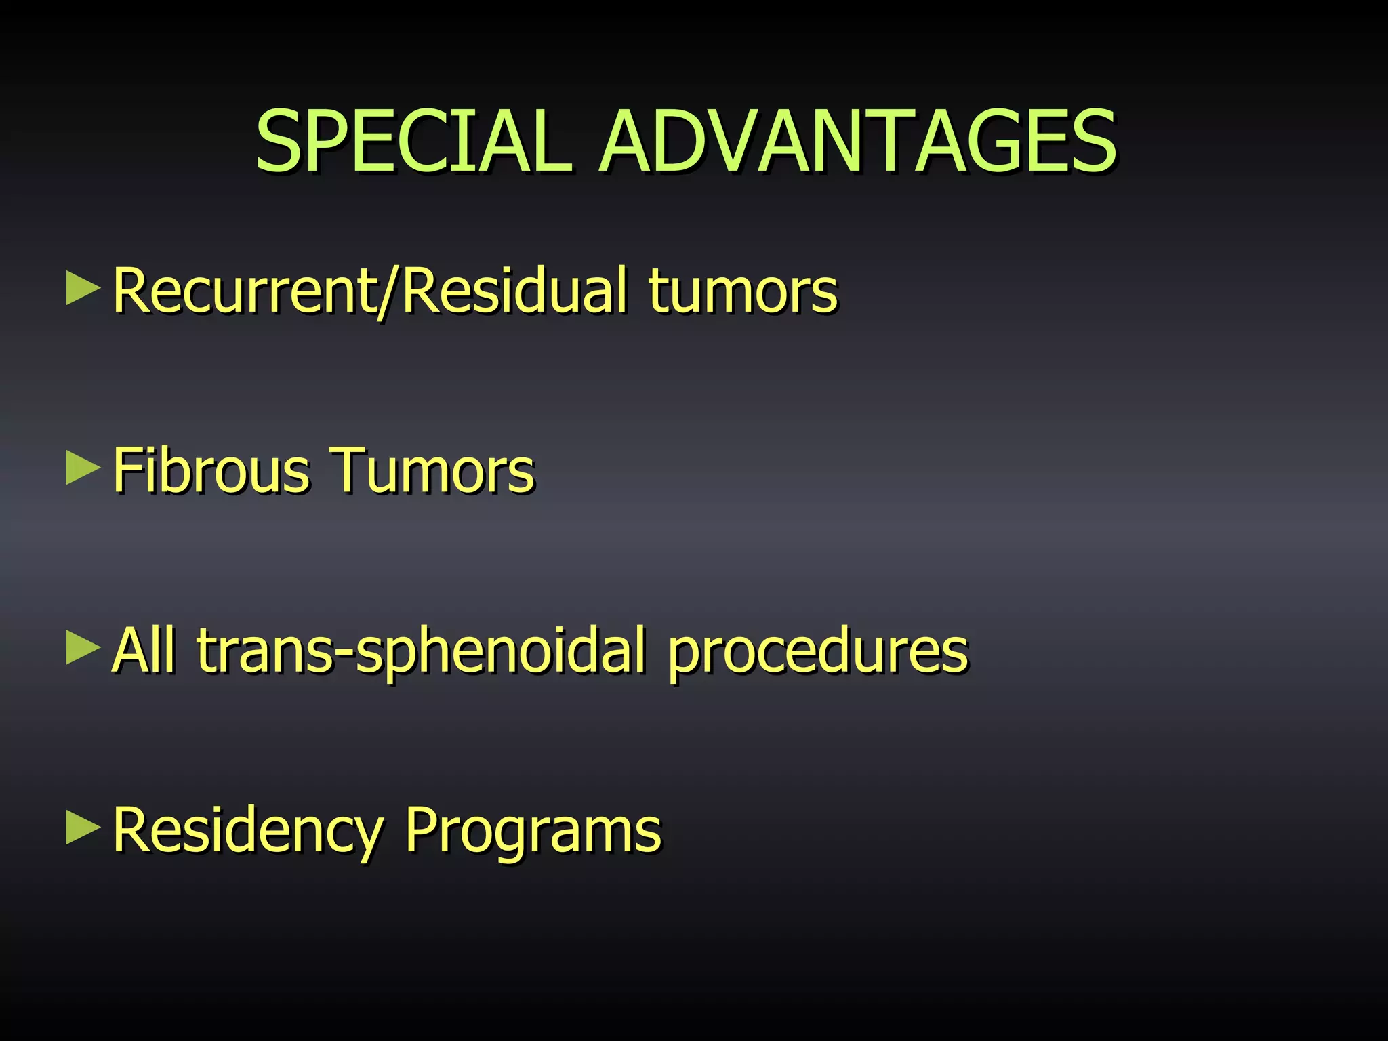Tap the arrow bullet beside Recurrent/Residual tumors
pos(83,289)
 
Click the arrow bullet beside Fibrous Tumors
pos(83,468)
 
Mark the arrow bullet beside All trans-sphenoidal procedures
pos(83,649)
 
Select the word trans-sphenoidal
pos(421,651)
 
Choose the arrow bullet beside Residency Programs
pos(83,828)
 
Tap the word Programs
pos(533,831)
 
